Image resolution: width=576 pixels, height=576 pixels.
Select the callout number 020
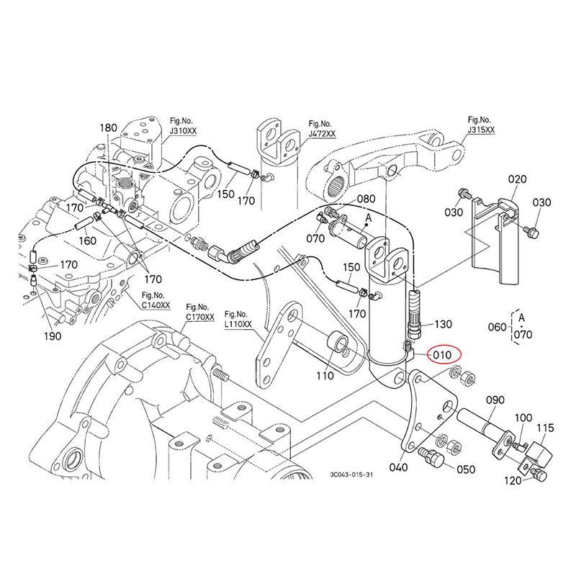coord(518,179)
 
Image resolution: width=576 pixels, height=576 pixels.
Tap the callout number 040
coord(397,467)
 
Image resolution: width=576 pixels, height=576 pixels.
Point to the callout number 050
coord(466,469)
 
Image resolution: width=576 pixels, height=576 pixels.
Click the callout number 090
coord(495,400)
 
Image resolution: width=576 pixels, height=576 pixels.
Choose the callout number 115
coord(545,428)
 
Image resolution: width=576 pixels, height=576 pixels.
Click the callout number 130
coord(444,325)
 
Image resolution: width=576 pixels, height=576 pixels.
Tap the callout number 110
coord(325,376)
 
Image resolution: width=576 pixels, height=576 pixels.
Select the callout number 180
coord(108,127)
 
